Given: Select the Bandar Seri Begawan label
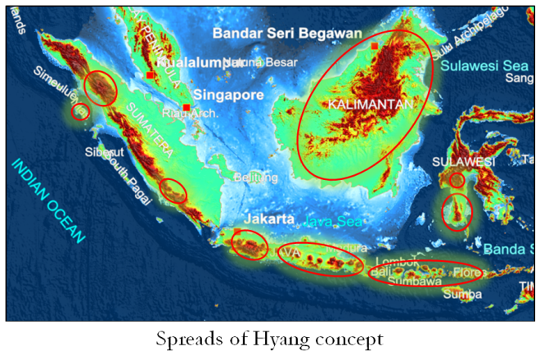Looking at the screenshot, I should point(286,34).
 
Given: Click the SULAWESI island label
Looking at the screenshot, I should point(464,162).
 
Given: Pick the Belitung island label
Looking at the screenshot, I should point(251,176).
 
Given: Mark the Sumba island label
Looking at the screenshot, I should point(457,295).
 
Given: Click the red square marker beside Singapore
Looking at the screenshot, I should point(187,107).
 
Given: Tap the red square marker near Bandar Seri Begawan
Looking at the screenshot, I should point(374,47).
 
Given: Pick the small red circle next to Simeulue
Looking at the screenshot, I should point(79,111).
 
